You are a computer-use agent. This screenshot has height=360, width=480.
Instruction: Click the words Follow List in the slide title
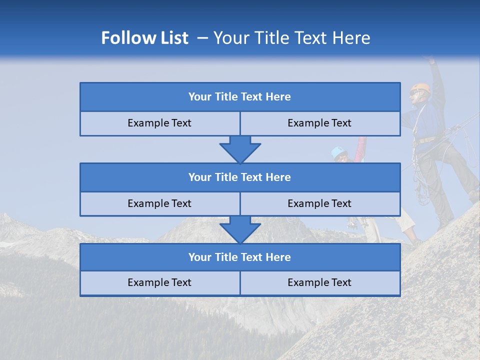[x=144, y=38]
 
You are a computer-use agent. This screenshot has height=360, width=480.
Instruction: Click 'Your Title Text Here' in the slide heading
[x=291, y=38]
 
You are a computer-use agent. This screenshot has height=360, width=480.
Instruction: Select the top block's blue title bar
[x=240, y=97]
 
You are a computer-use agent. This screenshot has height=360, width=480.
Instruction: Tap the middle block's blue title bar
[x=240, y=177]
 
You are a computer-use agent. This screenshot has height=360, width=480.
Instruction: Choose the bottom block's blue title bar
[x=240, y=257]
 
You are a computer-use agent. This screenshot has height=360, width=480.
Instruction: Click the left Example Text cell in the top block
[x=159, y=123]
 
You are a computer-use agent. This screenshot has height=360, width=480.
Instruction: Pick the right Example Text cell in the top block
[x=319, y=123]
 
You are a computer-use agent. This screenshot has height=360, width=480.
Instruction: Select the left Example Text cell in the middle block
[x=159, y=203]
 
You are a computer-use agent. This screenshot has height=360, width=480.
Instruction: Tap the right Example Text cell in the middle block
[x=319, y=203]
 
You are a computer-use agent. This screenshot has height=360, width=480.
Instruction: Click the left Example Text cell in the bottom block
[x=159, y=282]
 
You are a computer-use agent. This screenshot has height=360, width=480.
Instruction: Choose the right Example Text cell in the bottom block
[x=319, y=282]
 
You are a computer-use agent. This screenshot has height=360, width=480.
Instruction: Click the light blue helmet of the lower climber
[x=338, y=150]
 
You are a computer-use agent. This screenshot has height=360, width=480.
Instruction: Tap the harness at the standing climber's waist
[x=424, y=142]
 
